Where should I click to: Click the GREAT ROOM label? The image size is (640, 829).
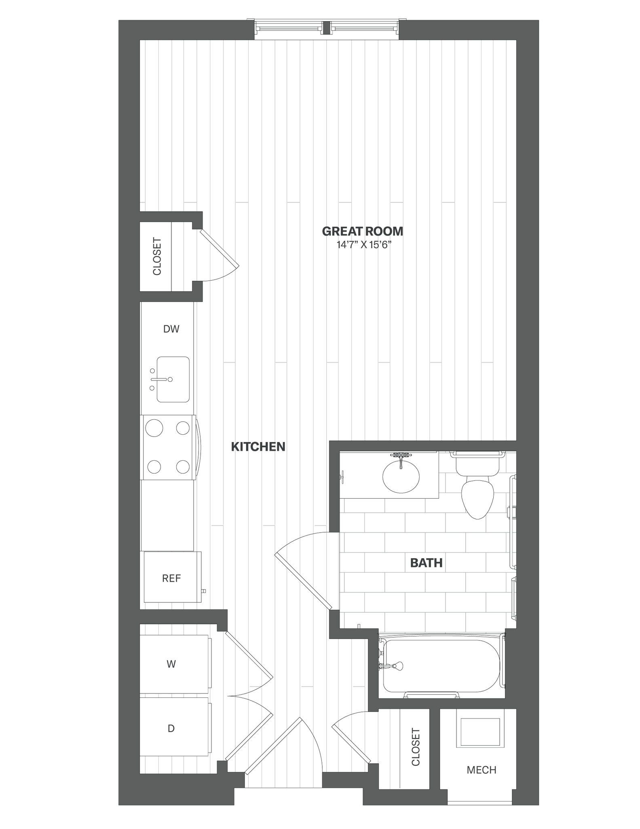pyautogui.click(x=362, y=231)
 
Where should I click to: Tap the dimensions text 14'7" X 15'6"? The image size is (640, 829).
pyautogui.click(x=362, y=245)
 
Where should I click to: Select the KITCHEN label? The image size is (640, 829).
pyautogui.click(x=258, y=446)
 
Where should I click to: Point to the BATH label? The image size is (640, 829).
pyautogui.click(x=426, y=563)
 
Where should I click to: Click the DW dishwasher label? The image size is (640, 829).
pyautogui.click(x=171, y=329)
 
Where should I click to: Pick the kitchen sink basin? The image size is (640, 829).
pyautogui.click(x=173, y=379)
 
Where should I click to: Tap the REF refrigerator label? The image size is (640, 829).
pyautogui.click(x=171, y=578)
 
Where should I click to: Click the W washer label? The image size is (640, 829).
pyautogui.click(x=171, y=664)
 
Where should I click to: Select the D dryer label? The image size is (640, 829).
pyautogui.click(x=171, y=729)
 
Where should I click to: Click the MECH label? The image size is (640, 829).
pyautogui.click(x=481, y=769)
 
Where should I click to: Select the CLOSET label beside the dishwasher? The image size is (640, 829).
pyautogui.click(x=157, y=256)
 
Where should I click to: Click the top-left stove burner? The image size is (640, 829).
pyautogui.click(x=154, y=428)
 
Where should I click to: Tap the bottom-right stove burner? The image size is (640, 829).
pyautogui.click(x=183, y=466)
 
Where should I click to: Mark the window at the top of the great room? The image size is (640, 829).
pyautogui.click(x=327, y=28)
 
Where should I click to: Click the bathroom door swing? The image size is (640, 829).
pyautogui.click(x=307, y=567)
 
